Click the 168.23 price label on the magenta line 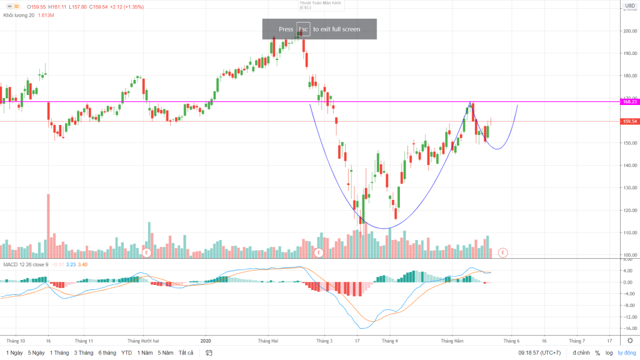click(629, 101)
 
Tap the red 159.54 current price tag click(629, 122)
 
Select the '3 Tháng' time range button click(83, 353)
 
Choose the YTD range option click(127, 353)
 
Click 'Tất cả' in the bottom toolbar click(186, 353)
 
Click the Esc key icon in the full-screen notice click(303, 29)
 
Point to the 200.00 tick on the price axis click(629, 31)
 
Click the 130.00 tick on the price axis click(629, 188)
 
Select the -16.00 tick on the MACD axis click(629, 327)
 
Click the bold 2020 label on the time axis click(207, 341)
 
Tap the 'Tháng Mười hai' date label click(143, 341)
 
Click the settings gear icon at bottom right click(629, 341)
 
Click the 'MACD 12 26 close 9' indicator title click(26, 265)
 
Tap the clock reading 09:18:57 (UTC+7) click(540, 353)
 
